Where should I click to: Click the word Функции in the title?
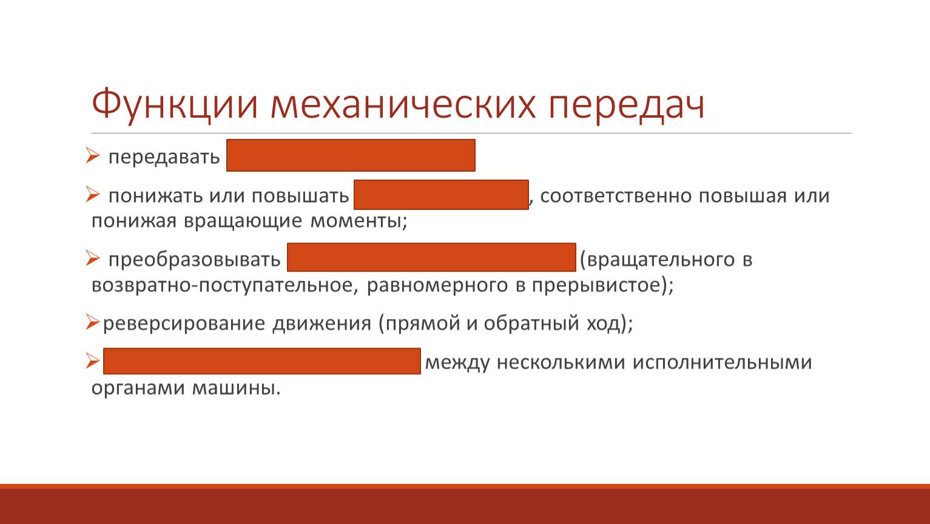174,105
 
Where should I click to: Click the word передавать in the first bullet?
164,157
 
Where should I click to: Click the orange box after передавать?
351,155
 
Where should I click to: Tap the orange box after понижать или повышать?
441,195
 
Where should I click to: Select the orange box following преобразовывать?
431,257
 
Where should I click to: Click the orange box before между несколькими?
262,361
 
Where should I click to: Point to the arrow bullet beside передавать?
93,155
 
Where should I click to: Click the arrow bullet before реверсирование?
93,322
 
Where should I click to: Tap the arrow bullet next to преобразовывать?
93,258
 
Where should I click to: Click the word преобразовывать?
194,260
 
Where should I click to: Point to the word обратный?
531,323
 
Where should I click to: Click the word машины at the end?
236,388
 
